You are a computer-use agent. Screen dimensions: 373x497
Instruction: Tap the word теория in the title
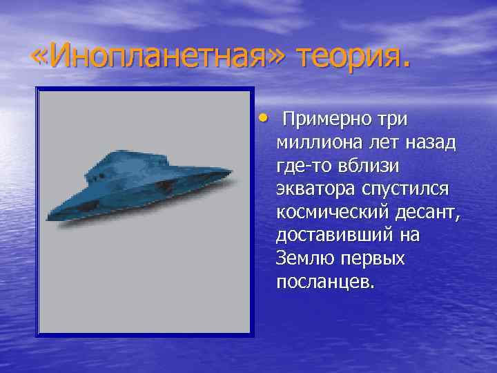[x=353, y=56]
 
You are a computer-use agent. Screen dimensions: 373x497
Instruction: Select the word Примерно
[x=328, y=119]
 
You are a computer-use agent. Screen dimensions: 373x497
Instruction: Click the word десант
[x=428, y=213]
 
